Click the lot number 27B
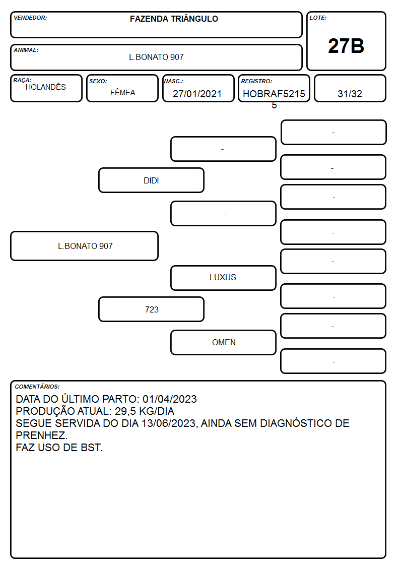346,46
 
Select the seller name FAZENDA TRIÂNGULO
174,19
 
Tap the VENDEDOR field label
30,18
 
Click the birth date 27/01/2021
197,94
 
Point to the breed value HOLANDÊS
46,87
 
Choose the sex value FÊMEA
122,93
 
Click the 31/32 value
350,94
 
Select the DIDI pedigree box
152,180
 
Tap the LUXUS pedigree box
223,278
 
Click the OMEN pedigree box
223,342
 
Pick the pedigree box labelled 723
152,309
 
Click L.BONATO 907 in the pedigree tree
85,246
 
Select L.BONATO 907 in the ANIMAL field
157,57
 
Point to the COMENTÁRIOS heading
37,387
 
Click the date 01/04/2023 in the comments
170,399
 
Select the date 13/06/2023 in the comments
168,423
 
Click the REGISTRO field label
256,81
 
